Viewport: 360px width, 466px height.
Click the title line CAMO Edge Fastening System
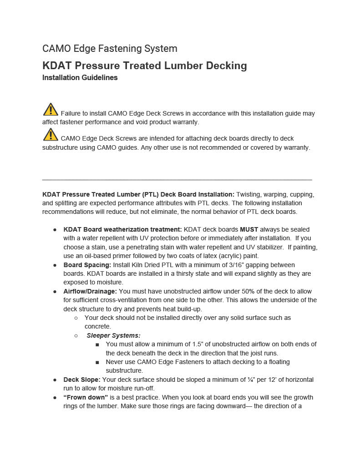pyautogui.click(x=110, y=49)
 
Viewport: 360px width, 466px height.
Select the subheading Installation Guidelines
pyautogui.click(x=80, y=78)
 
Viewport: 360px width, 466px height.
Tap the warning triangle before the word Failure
pyautogui.click(x=51, y=110)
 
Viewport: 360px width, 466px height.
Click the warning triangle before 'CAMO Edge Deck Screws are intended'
pyautogui.click(x=51, y=135)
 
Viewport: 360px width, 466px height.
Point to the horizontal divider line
pyautogui.click(x=177, y=180)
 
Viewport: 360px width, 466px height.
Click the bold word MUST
pyautogui.click(x=249, y=229)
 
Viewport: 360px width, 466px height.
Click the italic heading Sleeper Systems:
pyautogui.click(x=114, y=335)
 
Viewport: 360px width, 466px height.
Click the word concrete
pyautogui.click(x=97, y=326)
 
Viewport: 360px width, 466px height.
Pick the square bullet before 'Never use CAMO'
pyautogui.click(x=97, y=362)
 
